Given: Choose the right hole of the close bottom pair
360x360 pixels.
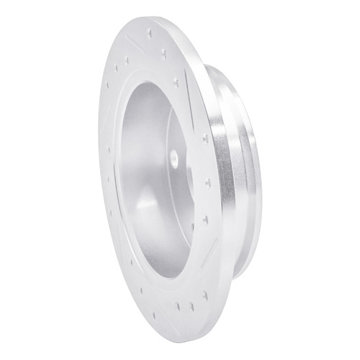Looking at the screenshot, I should (190, 305).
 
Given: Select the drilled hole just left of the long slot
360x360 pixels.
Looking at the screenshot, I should (177, 83).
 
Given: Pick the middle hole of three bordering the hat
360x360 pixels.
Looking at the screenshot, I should (207, 181).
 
